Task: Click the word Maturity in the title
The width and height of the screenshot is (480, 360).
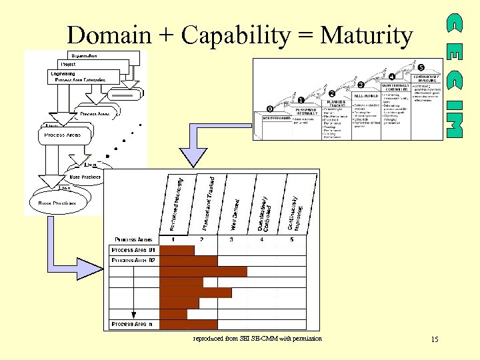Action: [x=367, y=35]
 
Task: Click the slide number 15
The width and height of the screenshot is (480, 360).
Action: [x=434, y=340]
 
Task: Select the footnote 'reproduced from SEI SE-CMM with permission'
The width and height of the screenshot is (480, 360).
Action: [x=257, y=339]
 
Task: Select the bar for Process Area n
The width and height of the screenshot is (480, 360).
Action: [x=189, y=325]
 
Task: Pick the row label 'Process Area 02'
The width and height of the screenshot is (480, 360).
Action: [x=133, y=261]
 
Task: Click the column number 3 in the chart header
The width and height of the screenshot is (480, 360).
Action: [x=232, y=239]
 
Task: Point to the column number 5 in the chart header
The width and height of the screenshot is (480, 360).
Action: [x=291, y=239]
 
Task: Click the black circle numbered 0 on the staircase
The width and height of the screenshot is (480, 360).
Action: [x=269, y=108]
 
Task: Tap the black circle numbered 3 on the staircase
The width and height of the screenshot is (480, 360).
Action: [x=361, y=85]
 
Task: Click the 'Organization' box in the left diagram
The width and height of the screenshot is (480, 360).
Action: [x=85, y=55]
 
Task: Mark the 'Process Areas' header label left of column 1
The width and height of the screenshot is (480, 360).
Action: [x=133, y=239]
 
